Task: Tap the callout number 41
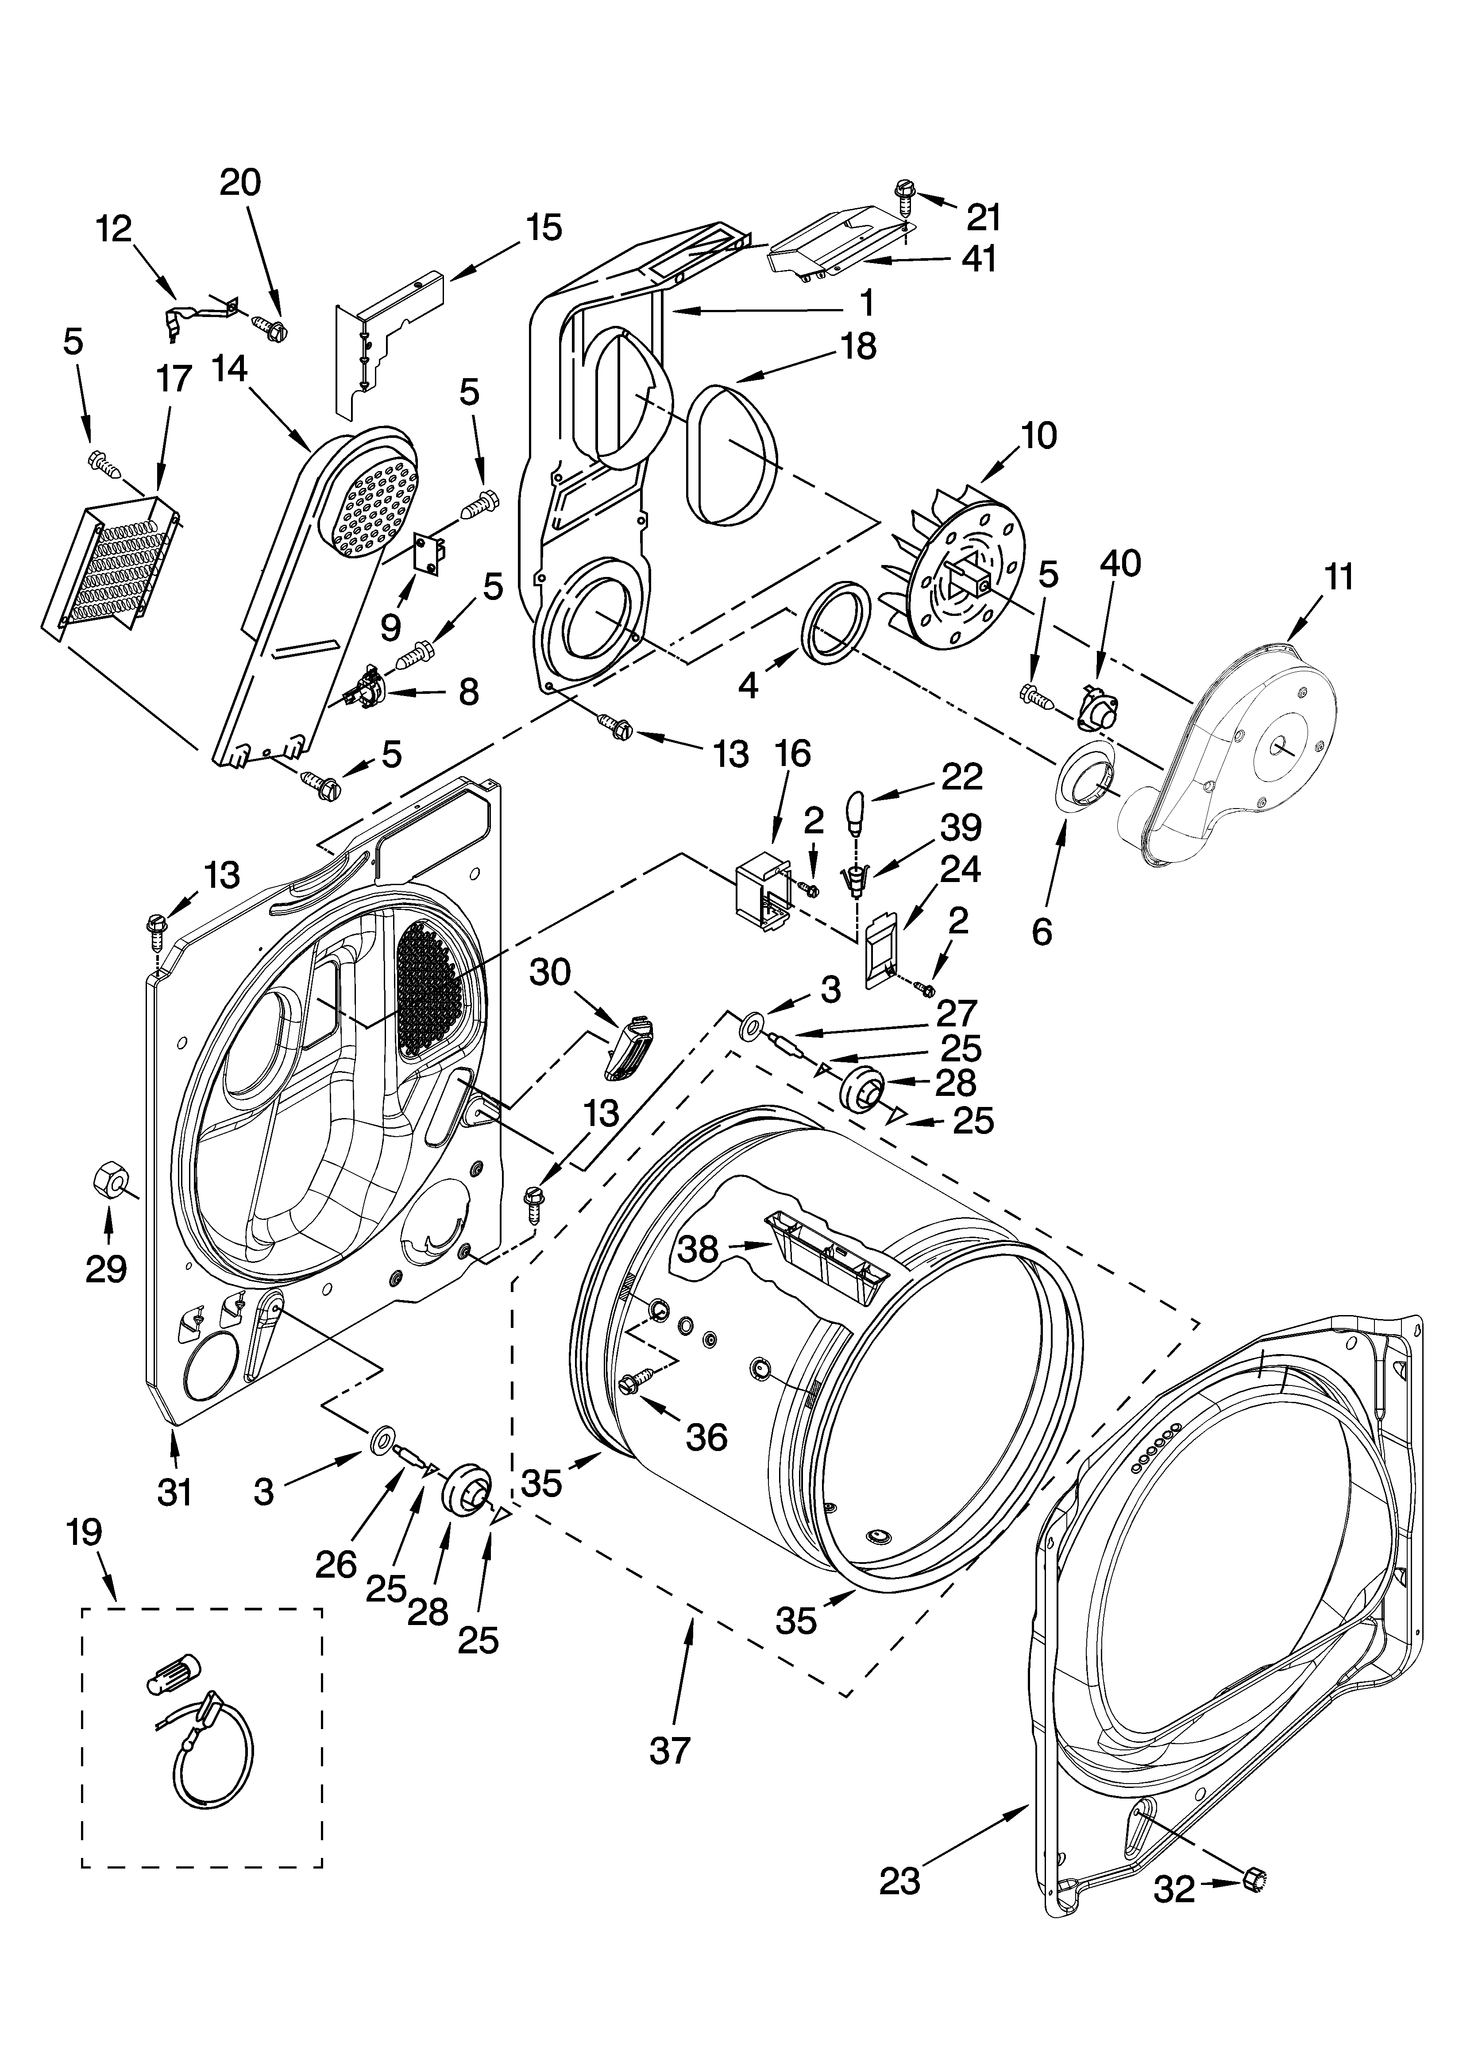(978, 259)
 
